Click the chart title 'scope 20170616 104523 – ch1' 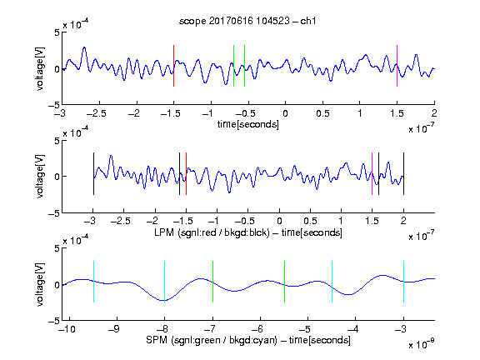[x=247, y=21]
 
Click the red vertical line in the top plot [x=173, y=66]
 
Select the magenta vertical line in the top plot [x=397, y=66]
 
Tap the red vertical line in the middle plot [x=186, y=173]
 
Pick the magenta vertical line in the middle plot [x=372, y=173]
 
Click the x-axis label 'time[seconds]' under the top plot [x=248, y=124]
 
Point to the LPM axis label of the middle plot [x=248, y=232]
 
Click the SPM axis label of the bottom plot [x=248, y=340]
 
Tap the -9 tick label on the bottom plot [x=114, y=329]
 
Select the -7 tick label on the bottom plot [x=209, y=329]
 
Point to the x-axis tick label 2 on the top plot [x=434, y=113]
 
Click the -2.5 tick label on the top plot [x=97, y=113]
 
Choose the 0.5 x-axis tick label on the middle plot [x=310, y=221]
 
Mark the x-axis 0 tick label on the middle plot [x=279, y=221]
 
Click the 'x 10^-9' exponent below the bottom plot [x=422, y=344]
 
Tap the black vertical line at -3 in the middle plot [x=93, y=173]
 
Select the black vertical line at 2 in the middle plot [x=404, y=173]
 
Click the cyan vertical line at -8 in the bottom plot [x=165, y=282]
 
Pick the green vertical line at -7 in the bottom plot [x=212, y=282]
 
